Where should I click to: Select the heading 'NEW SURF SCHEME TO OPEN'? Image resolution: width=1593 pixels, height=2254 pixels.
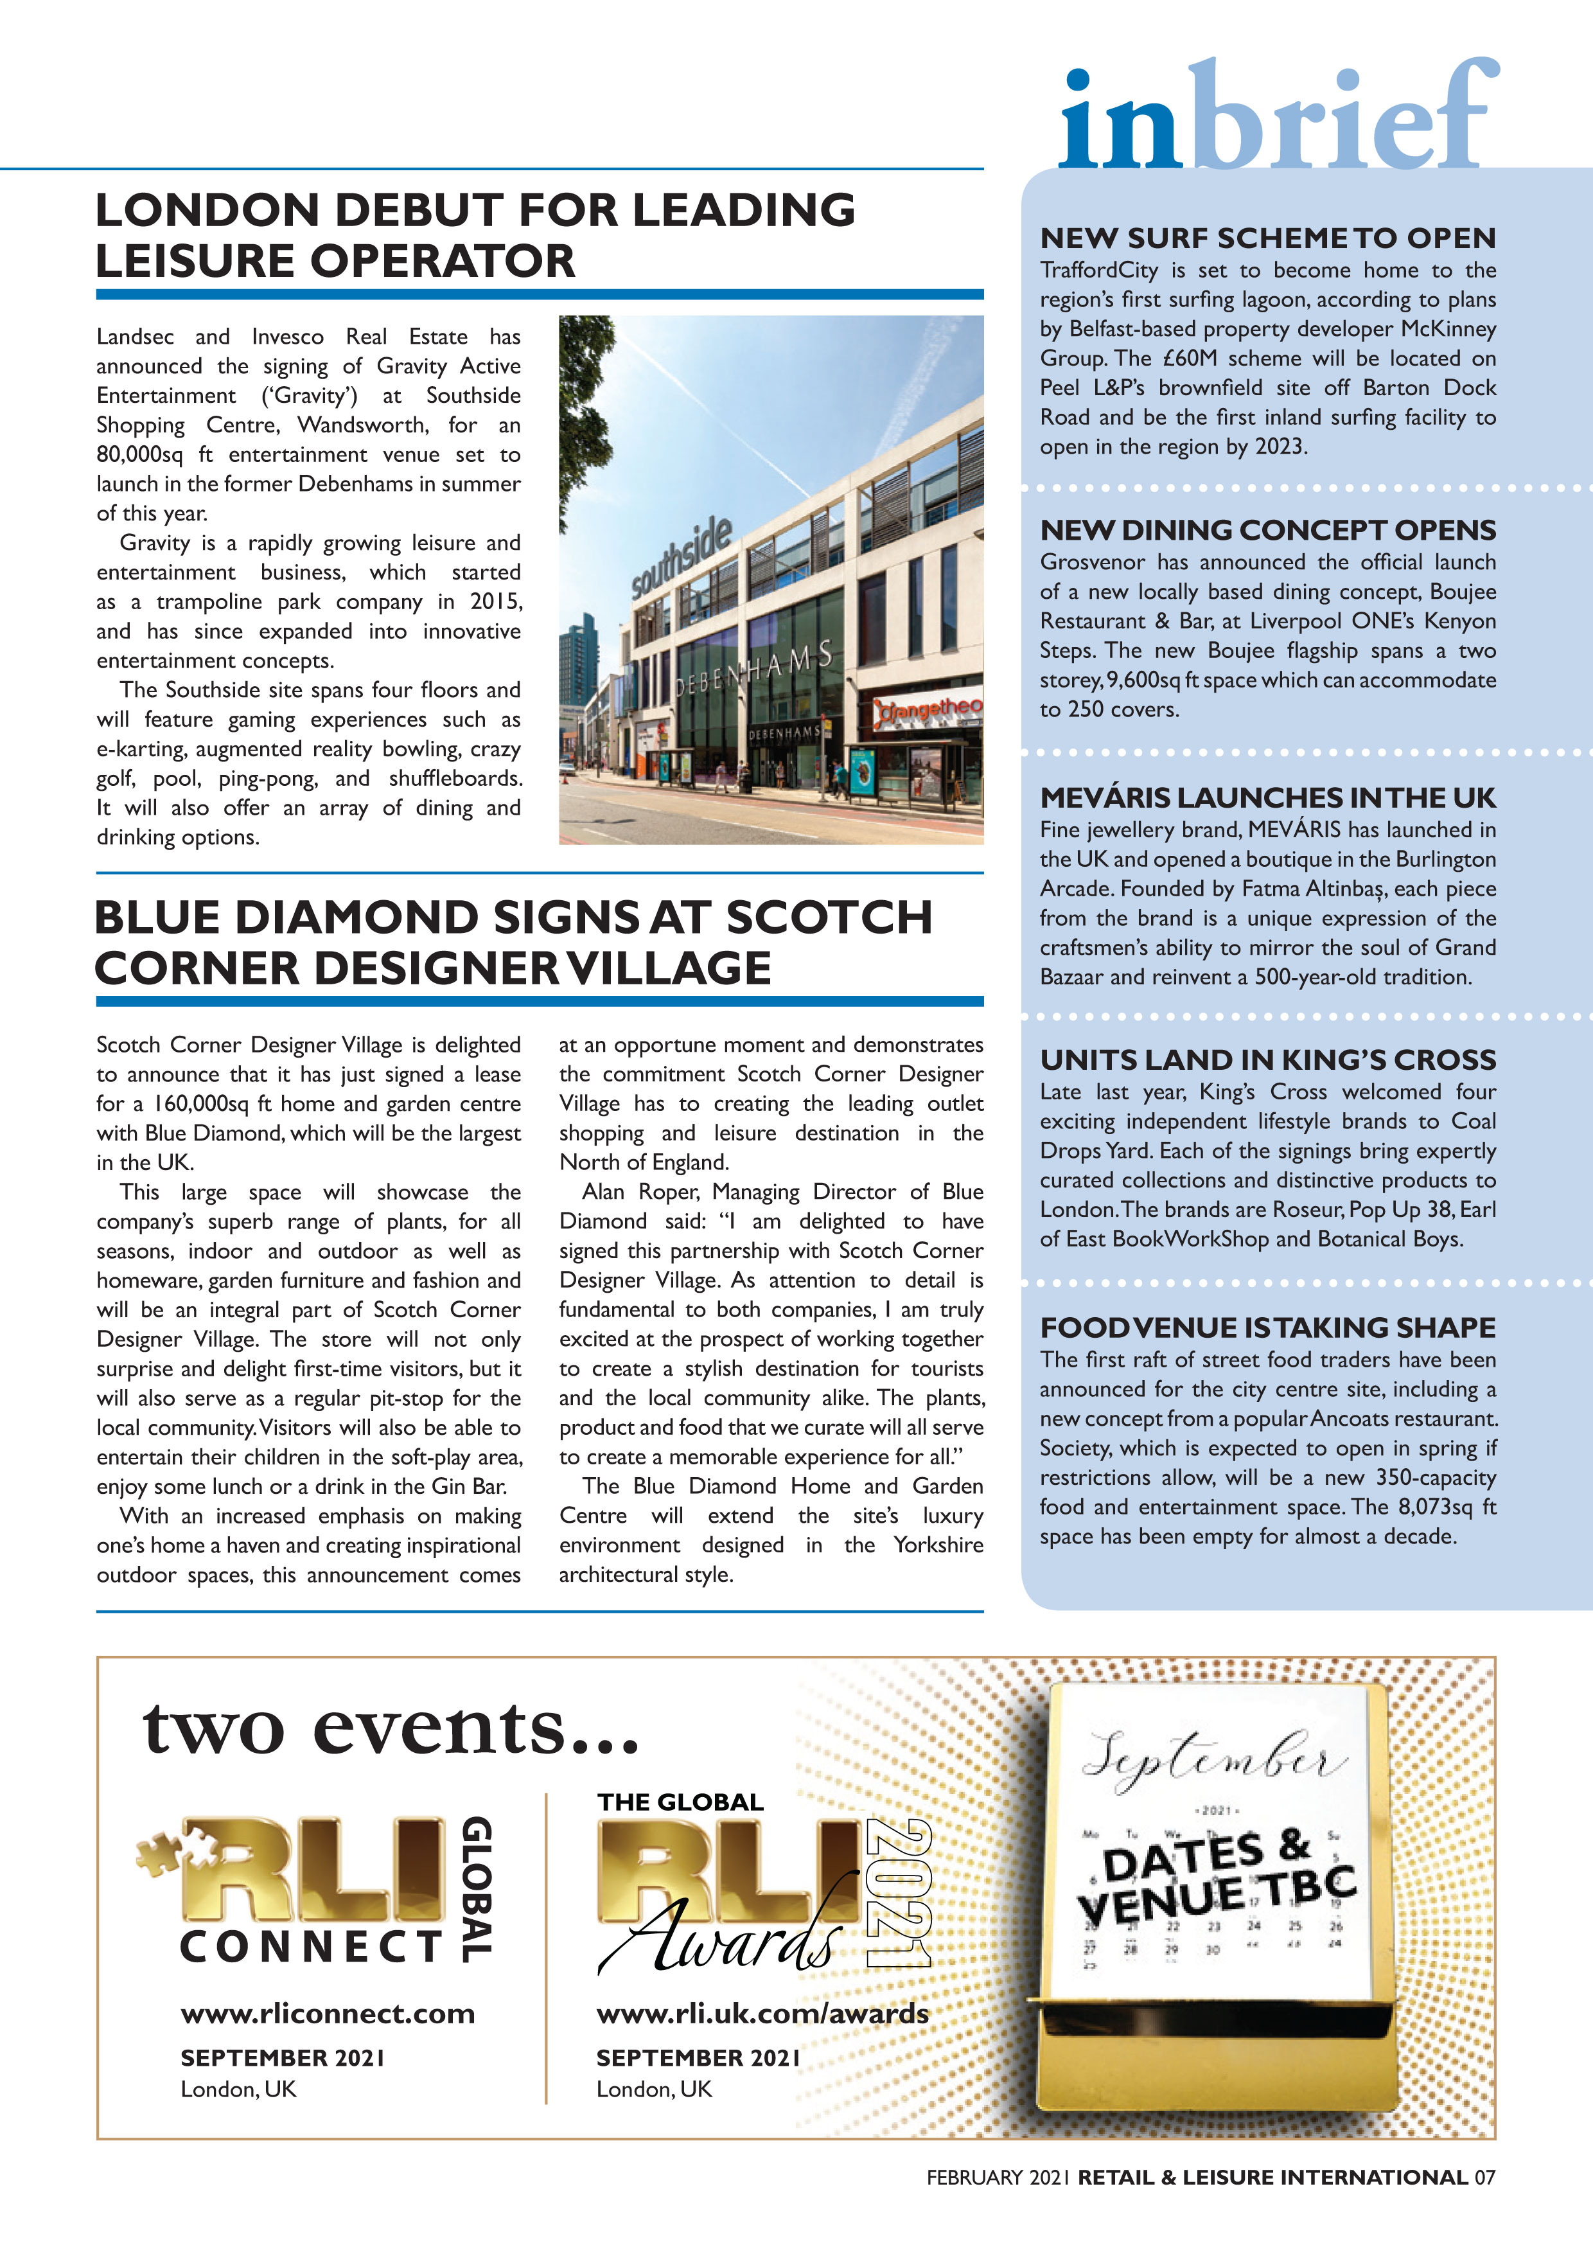click(1267, 238)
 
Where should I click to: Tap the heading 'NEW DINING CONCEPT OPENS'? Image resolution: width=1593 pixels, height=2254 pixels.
click(1267, 530)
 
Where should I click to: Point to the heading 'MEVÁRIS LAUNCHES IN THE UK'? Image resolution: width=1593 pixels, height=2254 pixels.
click(1267, 797)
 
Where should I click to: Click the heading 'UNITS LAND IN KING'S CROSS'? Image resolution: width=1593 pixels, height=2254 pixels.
click(1267, 1060)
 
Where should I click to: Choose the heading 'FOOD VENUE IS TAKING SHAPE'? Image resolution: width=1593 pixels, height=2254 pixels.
click(1267, 1327)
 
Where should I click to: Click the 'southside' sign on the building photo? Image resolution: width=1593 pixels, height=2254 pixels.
click(680, 556)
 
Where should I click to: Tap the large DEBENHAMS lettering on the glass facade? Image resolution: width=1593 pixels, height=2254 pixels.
click(754, 671)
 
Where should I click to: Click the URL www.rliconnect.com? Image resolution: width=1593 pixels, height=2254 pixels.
click(327, 2014)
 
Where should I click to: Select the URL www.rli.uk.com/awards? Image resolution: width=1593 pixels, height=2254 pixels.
click(762, 2014)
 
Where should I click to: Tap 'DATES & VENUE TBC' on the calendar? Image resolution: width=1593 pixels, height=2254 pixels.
click(1216, 1881)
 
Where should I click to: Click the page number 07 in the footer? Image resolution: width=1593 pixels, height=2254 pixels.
click(1484, 2178)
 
